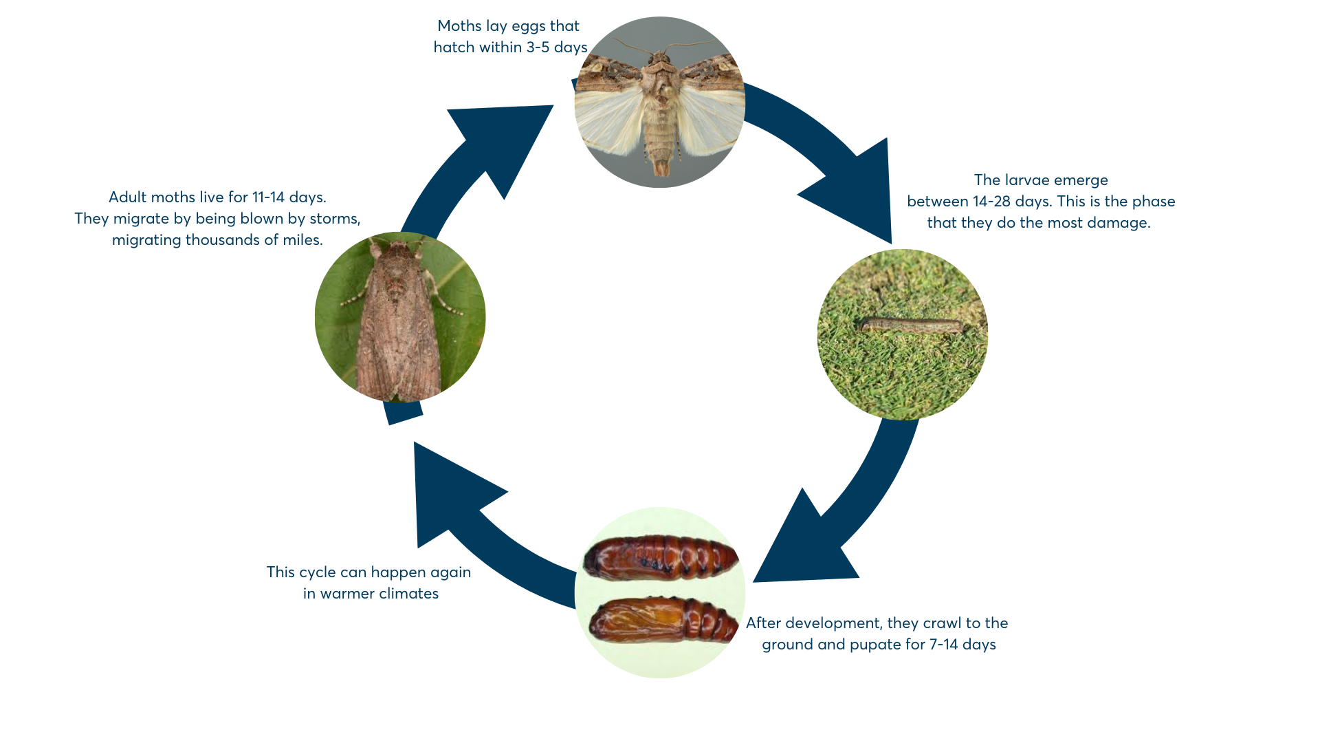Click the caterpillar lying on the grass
click(x=911, y=325)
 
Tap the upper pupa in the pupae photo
click(x=661, y=557)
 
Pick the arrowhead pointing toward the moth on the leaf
click(x=454, y=492)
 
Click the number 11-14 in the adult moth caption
click(x=268, y=197)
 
